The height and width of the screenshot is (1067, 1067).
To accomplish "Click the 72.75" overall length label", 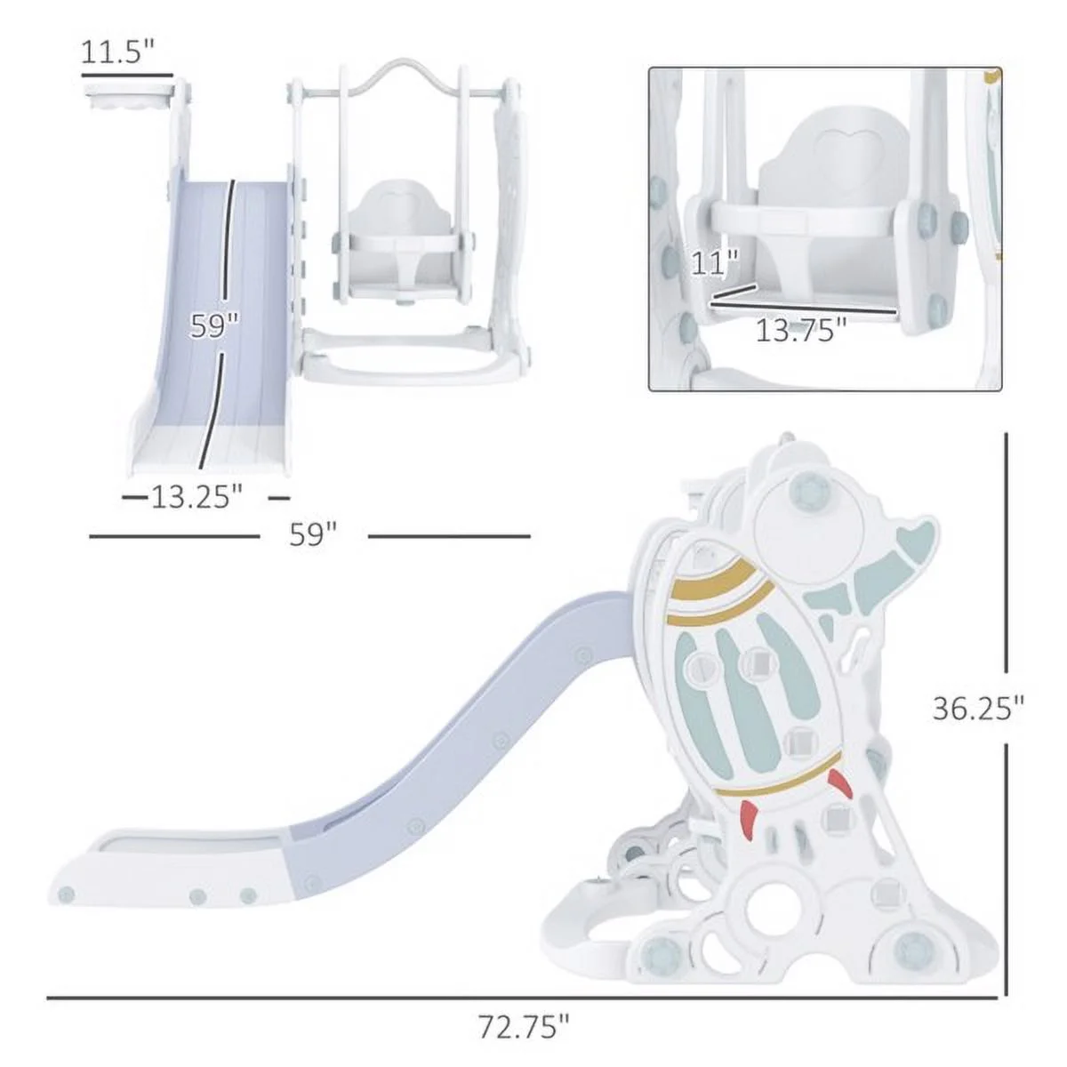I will pyautogui.click(x=523, y=1028).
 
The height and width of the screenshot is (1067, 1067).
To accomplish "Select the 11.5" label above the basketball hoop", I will pyautogui.click(x=112, y=52).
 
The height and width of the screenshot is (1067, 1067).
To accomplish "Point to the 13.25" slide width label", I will pyautogui.click(x=196, y=496).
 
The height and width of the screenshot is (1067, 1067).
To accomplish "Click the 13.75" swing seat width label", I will pyautogui.click(x=800, y=331).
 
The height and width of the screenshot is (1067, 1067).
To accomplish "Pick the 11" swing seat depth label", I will pyautogui.click(x=716, y=264).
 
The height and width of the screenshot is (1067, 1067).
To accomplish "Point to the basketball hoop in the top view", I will pyautogui.click(x=126, y=96).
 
